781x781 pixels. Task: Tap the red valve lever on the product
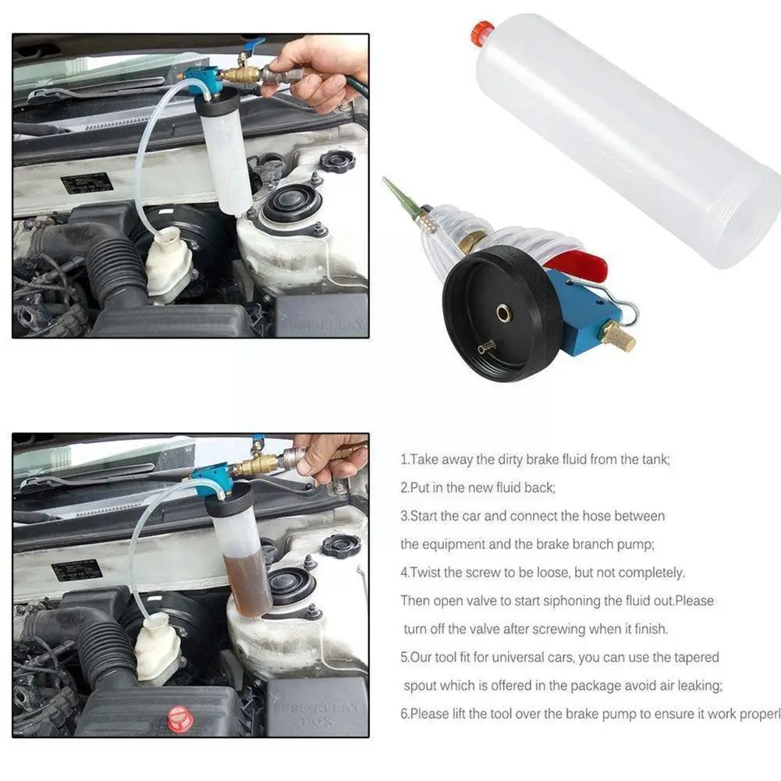(x=582, y=265)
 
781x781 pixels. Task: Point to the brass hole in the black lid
(x=504, y=314)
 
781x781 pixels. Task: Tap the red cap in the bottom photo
(x=180, y=719)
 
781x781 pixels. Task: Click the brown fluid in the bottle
(x=247, y=580)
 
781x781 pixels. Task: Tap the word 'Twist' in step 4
(x=426, y=573)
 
